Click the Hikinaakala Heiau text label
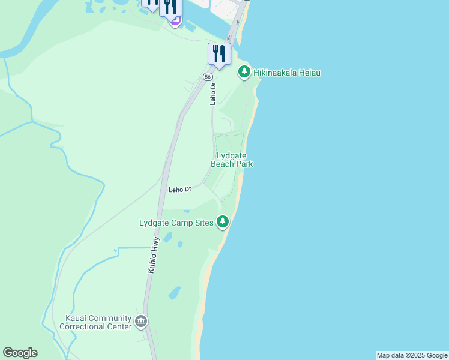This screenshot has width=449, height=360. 287,73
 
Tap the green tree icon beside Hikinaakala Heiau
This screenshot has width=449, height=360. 244,72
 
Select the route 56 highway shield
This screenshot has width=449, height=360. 207,77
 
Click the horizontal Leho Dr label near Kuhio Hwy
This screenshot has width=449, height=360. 179,190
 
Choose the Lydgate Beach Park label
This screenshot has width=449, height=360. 232,160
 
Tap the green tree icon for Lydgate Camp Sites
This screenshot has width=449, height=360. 223,223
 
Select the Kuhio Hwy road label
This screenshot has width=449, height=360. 154,256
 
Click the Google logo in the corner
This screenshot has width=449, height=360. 20,353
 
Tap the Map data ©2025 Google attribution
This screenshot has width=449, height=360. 412,355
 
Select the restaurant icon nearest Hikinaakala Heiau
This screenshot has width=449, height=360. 219,54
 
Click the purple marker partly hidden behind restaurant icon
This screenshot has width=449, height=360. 175,22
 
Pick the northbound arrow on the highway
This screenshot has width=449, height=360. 237,22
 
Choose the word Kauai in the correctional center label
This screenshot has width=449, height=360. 82,318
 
